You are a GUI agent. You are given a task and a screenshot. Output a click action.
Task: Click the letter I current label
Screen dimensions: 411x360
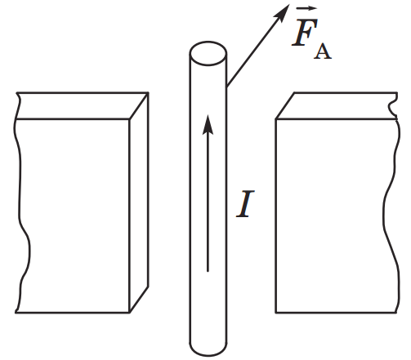click(245, 204)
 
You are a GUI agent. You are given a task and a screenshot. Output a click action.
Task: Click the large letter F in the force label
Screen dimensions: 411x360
click(305, 32)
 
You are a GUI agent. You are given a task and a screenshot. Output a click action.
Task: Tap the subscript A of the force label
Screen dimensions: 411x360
click(323, 51)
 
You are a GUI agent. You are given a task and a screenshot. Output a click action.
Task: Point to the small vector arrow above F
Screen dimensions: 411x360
click(306, 9)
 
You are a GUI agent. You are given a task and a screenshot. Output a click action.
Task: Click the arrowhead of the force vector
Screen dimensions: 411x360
click(284, 11)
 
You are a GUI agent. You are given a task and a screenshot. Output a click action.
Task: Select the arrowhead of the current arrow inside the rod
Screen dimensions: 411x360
click(208, 124)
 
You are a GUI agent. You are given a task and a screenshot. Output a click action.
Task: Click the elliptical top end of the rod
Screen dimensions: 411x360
click(208, 53)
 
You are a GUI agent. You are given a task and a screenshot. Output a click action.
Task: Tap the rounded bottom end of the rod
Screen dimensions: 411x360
click(208, 349)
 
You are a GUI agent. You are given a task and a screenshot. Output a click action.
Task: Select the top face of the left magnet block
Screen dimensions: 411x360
click(82, 106)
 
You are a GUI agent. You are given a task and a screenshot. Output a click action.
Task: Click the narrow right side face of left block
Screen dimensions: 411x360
click(139, 202)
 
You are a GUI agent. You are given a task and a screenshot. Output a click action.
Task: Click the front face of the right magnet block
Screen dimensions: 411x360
click(337, 216)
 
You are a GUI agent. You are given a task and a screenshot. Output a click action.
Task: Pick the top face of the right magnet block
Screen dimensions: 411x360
click(337, 106)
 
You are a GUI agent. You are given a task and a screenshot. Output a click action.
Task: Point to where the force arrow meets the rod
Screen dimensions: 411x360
click(227, 86)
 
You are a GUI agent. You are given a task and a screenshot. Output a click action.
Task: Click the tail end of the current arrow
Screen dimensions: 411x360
click(208, 271)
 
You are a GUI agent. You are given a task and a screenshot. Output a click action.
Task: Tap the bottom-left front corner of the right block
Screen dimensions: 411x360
click(276, 313)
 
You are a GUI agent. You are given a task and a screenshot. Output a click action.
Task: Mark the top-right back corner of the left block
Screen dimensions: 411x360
click(149, 93)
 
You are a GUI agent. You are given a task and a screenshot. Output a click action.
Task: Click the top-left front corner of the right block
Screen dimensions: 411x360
click(276, 119)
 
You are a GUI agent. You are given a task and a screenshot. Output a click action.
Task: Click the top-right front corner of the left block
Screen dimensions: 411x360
click(129, 119)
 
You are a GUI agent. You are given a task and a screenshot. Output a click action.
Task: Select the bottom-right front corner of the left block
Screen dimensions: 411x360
click(129, 313)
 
